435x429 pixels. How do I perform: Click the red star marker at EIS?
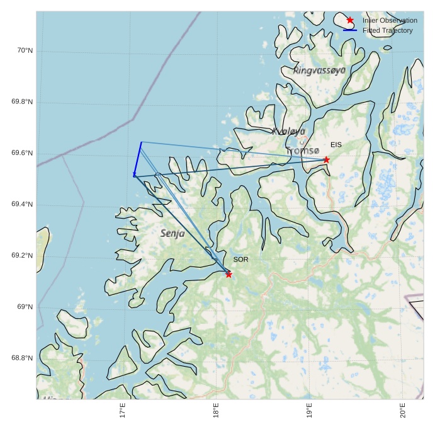(326, 159)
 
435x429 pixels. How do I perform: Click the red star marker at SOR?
(229, 274)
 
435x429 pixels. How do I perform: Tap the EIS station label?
(336, 145)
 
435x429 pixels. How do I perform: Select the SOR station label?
(240, 260)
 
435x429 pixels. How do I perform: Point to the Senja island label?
(172, 233)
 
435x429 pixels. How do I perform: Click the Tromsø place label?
(303, 151)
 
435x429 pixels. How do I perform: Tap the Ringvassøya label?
(319, 71)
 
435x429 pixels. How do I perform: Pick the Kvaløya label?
(289, 131)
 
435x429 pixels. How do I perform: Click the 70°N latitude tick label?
(25, 50)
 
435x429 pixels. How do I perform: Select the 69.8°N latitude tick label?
(22, 102)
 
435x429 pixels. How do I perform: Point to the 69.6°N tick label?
(22, 154)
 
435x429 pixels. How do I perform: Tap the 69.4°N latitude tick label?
(22, 205)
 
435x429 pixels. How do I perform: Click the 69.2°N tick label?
(22, 256)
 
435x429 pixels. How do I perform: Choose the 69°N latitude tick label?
(25, 307)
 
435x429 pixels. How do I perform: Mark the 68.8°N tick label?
(22, 358)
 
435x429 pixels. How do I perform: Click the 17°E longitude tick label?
(123, 410)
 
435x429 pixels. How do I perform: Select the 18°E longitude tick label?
(216, 410)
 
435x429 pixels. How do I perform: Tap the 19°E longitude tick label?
(309, 410)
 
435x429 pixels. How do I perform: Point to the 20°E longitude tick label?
(402, 410)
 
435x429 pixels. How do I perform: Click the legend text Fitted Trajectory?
(388, 30)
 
